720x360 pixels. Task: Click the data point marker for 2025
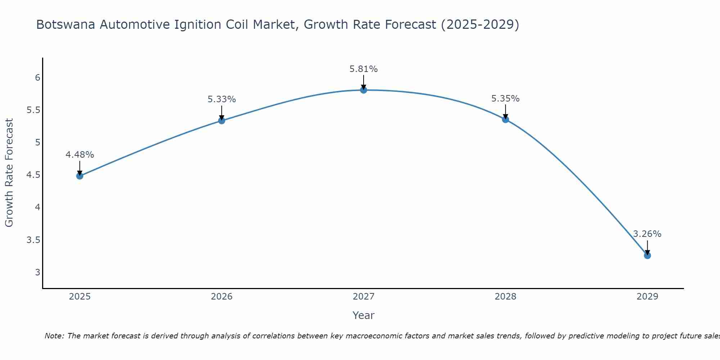[x=80, y=176]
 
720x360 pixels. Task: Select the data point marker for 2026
[x=222, y=121]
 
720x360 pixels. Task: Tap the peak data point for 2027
[x=364, y=90]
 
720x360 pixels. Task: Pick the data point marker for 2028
[x=505, y=120]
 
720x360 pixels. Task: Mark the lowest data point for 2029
[x=647, y=256]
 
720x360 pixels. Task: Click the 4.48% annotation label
[x=80, y=155]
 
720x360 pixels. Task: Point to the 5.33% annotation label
[x=222, y=99]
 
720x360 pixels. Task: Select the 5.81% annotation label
[x=364, y=69]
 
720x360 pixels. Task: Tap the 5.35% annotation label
[x=505, y=99]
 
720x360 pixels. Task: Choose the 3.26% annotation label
[x=647, y=234]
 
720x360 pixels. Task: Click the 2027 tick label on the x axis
[x=364, y=297]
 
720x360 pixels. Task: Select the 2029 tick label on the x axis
[x=647, y=297]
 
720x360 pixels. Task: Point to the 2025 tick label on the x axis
[x=80, y=297]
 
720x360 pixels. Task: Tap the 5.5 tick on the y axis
[x=33, y=110]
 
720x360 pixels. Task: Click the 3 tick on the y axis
[x=37, y=272]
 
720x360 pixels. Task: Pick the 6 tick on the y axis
[x=37, y=78]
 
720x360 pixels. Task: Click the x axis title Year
[x=364, y=315]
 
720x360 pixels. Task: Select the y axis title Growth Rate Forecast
[x=9, y=173]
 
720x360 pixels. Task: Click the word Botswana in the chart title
[x=66, y=25]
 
